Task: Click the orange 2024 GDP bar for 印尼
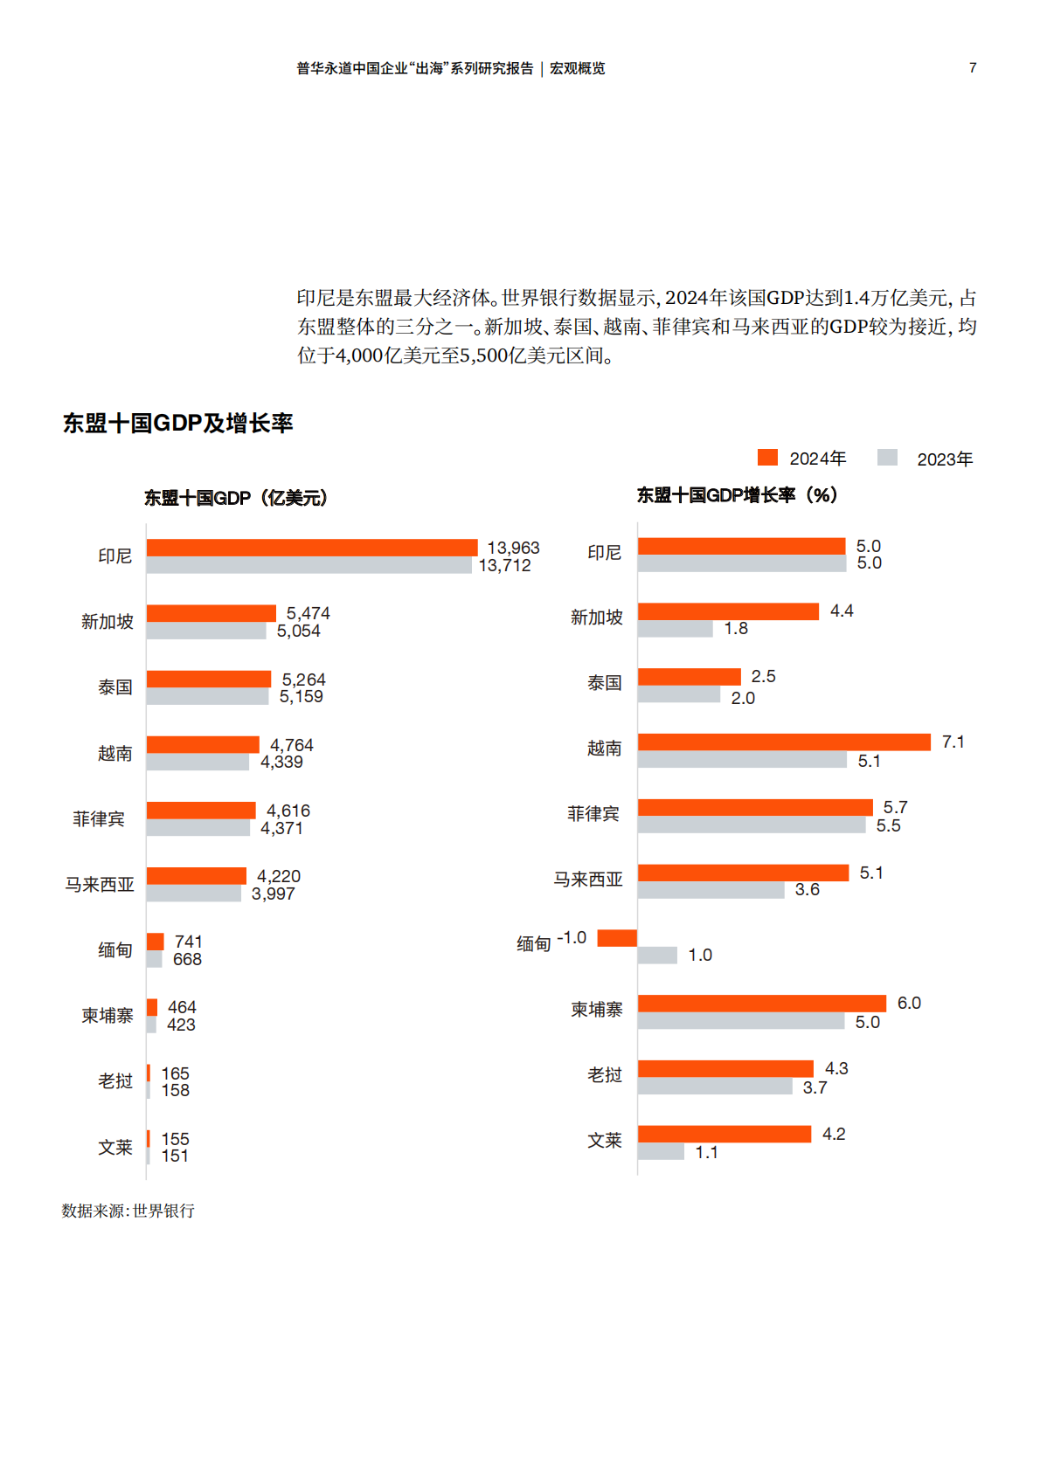coord(312,548)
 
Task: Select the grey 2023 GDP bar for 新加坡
coord(206,631)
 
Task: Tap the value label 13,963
coord(513,548)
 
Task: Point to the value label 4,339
coord(281,762)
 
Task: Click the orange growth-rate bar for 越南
coord(784,742)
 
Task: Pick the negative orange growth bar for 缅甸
coord(617,938)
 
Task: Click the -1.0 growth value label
coord(572,937)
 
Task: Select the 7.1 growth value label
coord(953,742)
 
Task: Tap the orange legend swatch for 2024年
coord(767,458)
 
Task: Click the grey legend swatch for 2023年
coord(887,458)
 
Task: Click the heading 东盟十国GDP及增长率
coord(177,424)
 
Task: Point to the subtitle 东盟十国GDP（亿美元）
coord(236,498)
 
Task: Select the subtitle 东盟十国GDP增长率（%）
coord(737,495)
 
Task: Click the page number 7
coord(973,68)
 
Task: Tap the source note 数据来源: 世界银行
coord(128,1211)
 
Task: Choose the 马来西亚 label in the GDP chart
coord(100,885)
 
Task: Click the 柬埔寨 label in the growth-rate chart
coord(597,1010)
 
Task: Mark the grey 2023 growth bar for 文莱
coord(661,1152)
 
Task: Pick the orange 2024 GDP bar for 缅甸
coord(156,942)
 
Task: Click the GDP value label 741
coord(189,942)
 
